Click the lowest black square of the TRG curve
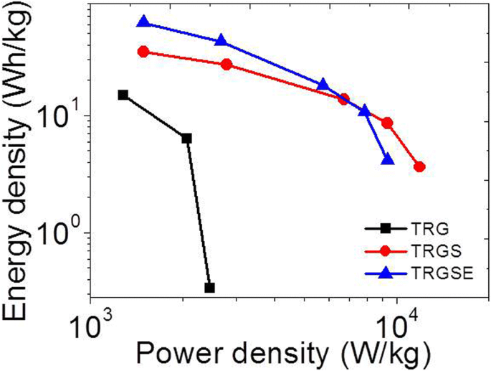[x=209, y=288]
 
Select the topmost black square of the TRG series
[x=123, y=95]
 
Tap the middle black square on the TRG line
[x=186, y=138]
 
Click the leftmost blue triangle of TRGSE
[x=143, y=22]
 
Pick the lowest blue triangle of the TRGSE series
[x=388, y=159]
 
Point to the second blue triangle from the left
[x=221, y=40]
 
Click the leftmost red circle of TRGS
[x=143, y=52]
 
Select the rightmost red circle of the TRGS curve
[x=420, y=166]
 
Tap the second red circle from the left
[x=227, y=65]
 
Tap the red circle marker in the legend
[x=386, y=250]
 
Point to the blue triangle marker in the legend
[x=386, y=272]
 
